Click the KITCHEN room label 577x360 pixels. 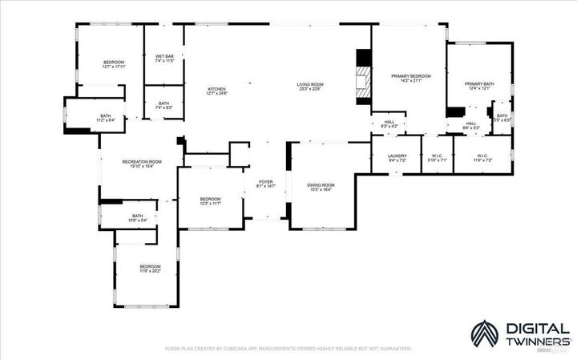(x=217, y=89)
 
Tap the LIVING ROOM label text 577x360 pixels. (x=309, y=84)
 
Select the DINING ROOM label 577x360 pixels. (x=321, y=185)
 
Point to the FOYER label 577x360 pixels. (x=265, y=182)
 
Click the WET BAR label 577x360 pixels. (x=163, y=56)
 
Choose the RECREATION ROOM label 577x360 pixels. (x=142, y=162)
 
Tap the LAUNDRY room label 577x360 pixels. (x=397, y=156)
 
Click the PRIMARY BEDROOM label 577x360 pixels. (x=410, y=76)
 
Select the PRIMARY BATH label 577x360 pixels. (x=479, y=83)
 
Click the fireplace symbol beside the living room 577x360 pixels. (x=364, y=79)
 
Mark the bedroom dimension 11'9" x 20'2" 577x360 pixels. (x=150, y=271)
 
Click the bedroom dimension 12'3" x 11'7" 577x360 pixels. (x=210, y=204)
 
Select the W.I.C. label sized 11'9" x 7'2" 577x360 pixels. (x=482, y=160)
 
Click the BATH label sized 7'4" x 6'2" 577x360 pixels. (x=163, y=107)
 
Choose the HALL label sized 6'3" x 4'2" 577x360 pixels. (x=389, y=126)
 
